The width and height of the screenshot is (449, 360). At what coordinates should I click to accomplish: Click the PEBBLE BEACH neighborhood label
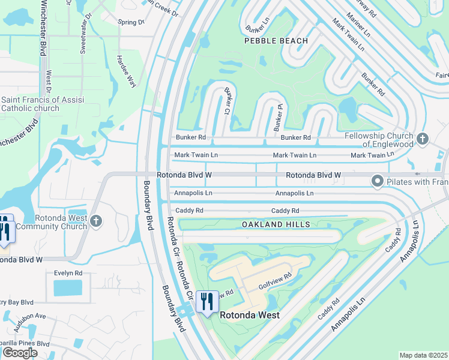click(276, 41)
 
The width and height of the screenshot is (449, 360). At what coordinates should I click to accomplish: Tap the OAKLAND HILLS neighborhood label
click(276, 224)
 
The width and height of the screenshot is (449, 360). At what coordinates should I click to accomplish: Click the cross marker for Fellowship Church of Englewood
click(423, 139)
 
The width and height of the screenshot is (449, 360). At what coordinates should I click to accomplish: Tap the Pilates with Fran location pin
click(377, 180)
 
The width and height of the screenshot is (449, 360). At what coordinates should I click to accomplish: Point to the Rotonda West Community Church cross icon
click(95, 222)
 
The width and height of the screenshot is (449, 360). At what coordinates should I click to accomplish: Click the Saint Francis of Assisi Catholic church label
click(31, 104)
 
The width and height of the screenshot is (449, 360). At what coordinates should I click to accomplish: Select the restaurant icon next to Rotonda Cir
click(207, 301)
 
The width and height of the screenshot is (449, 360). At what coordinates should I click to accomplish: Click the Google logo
click(20, 353)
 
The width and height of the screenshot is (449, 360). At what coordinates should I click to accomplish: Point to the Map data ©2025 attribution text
click(423, 355)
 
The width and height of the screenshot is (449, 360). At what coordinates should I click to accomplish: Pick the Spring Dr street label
click(131, 22)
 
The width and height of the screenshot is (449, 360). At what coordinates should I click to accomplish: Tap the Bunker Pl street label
click(278, 117)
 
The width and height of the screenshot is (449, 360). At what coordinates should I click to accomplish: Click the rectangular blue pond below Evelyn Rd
click(68, 288)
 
